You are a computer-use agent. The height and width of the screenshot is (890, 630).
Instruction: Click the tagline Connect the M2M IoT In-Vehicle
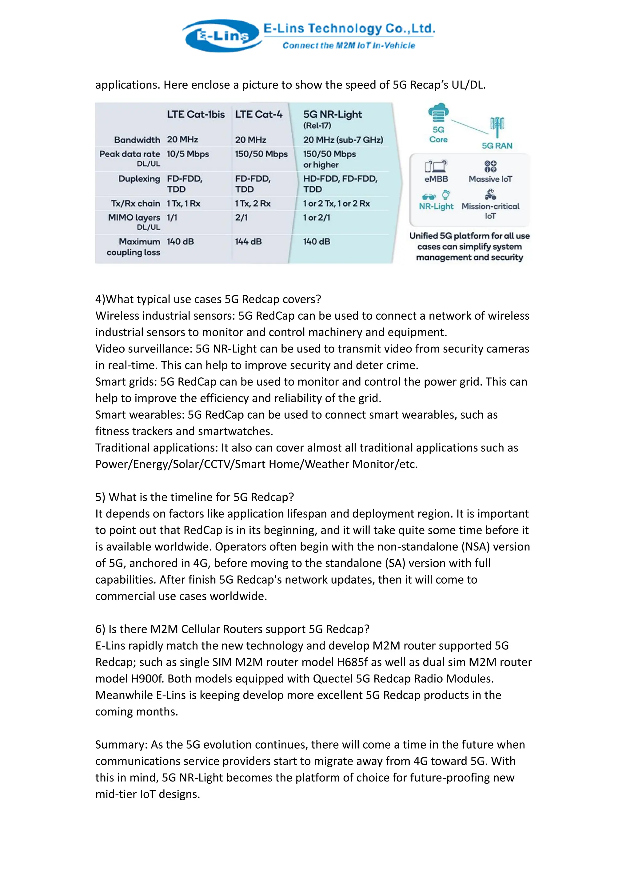(x=349, y=45)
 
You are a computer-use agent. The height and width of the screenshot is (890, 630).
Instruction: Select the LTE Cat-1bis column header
(x=196, y=114)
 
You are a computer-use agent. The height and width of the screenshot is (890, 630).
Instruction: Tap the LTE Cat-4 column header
(x=259, y=114)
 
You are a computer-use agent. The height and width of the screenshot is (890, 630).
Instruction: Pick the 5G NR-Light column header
(x=333, y=114)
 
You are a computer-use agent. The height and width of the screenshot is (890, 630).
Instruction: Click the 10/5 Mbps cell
(x=188, y=154)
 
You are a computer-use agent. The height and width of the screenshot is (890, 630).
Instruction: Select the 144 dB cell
(x=248, y=242)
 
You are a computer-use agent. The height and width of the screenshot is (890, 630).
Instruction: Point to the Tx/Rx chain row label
(x=135, y=203)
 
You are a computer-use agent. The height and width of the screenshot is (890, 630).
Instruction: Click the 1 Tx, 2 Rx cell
(x=253, y=203)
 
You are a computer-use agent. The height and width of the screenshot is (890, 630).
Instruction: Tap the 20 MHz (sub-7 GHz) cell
(x=343, y=140)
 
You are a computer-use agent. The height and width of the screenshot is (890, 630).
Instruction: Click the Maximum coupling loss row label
(x=134, y=247)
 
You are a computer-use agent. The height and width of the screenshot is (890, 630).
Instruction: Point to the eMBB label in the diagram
(x=436, y=179)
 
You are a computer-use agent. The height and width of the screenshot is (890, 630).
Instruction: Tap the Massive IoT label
(x=490, y=179)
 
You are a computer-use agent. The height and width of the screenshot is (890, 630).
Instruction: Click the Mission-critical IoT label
(x=490, y=211)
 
